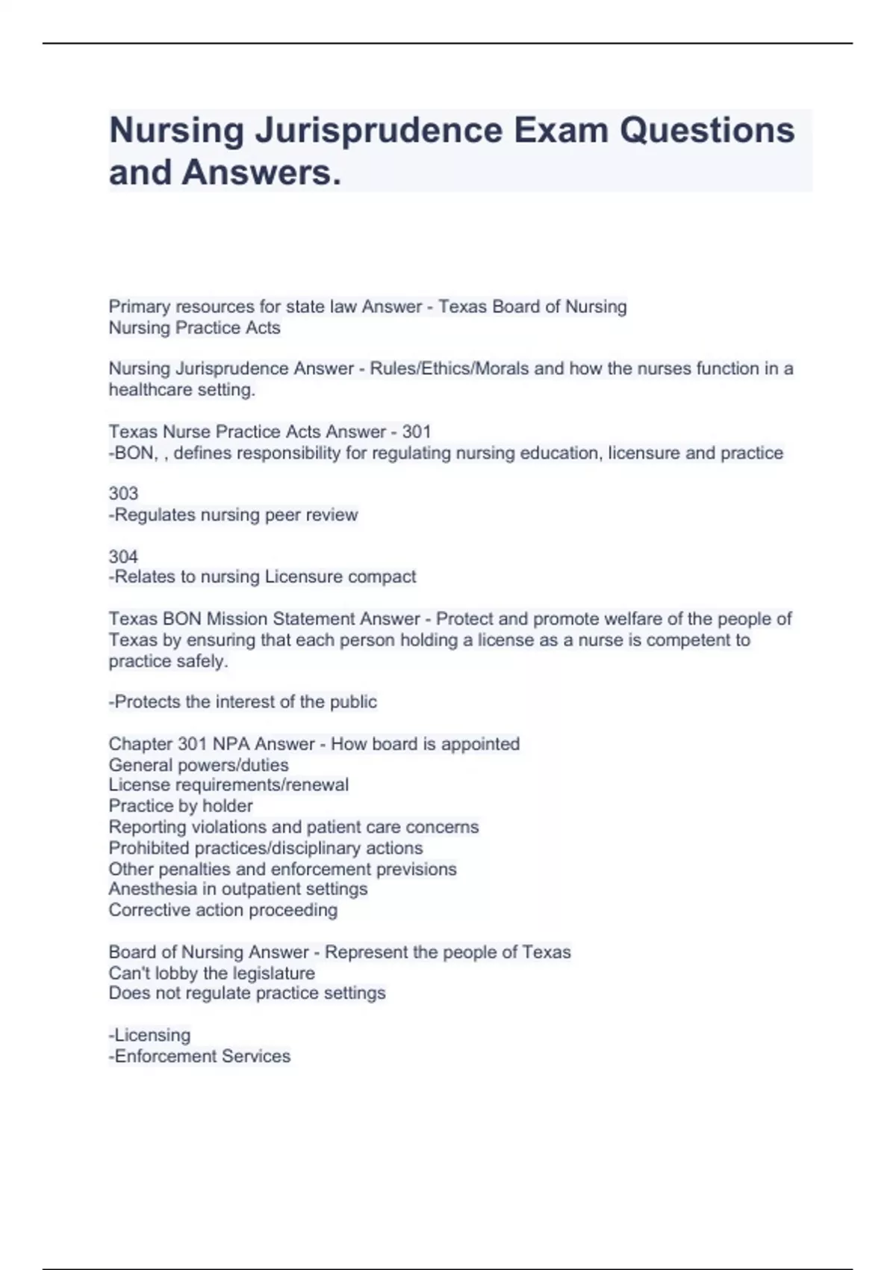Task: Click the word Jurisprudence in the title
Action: coord(379,130)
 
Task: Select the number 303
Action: coord(123,493)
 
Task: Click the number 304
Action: coord(123,557)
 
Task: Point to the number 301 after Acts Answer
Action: coord(417,432)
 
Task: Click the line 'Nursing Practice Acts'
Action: coord(194,328)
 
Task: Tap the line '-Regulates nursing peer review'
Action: coord(233,515)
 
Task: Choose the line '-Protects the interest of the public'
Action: coord(243,701)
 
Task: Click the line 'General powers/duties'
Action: coord(198,765)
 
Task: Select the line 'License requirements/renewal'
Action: coord(228,784)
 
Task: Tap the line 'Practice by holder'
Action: coord(180,805)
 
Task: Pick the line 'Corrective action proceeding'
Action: coord(223,910)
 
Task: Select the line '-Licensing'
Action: coord(149,1035)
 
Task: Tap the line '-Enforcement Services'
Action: coord(199,1056)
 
